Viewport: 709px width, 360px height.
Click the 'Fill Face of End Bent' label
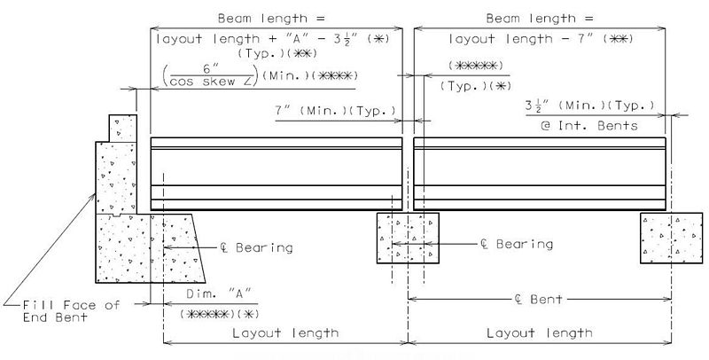coord(71,311)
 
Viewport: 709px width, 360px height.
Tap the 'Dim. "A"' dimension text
coord(219,293)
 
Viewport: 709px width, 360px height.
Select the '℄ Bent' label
coord(539,299)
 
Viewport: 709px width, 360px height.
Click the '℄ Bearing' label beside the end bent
coord(256,247)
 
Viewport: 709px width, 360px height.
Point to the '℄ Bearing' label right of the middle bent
coord(517,244)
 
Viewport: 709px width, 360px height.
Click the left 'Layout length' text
coord(285,333)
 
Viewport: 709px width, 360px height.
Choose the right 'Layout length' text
coord(540,333)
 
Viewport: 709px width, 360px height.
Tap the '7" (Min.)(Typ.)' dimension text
coord(335,110)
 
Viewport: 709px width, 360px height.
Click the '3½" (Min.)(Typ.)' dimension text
coord(590,106)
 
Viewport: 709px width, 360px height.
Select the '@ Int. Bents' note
coord(589,125)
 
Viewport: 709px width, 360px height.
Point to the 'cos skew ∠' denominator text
coord(209,82)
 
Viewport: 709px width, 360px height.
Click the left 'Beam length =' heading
coord(271,19)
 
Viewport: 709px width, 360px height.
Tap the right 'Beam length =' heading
coord(540,19)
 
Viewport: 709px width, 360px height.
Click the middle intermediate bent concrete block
coord(408,238)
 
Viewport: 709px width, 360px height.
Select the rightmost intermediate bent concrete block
coord(672,238)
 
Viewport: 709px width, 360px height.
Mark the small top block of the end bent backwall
coord(122,129)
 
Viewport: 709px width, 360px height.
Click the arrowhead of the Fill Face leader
coord(93,196)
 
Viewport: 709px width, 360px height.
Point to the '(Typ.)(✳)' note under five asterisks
coord(475,86)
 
